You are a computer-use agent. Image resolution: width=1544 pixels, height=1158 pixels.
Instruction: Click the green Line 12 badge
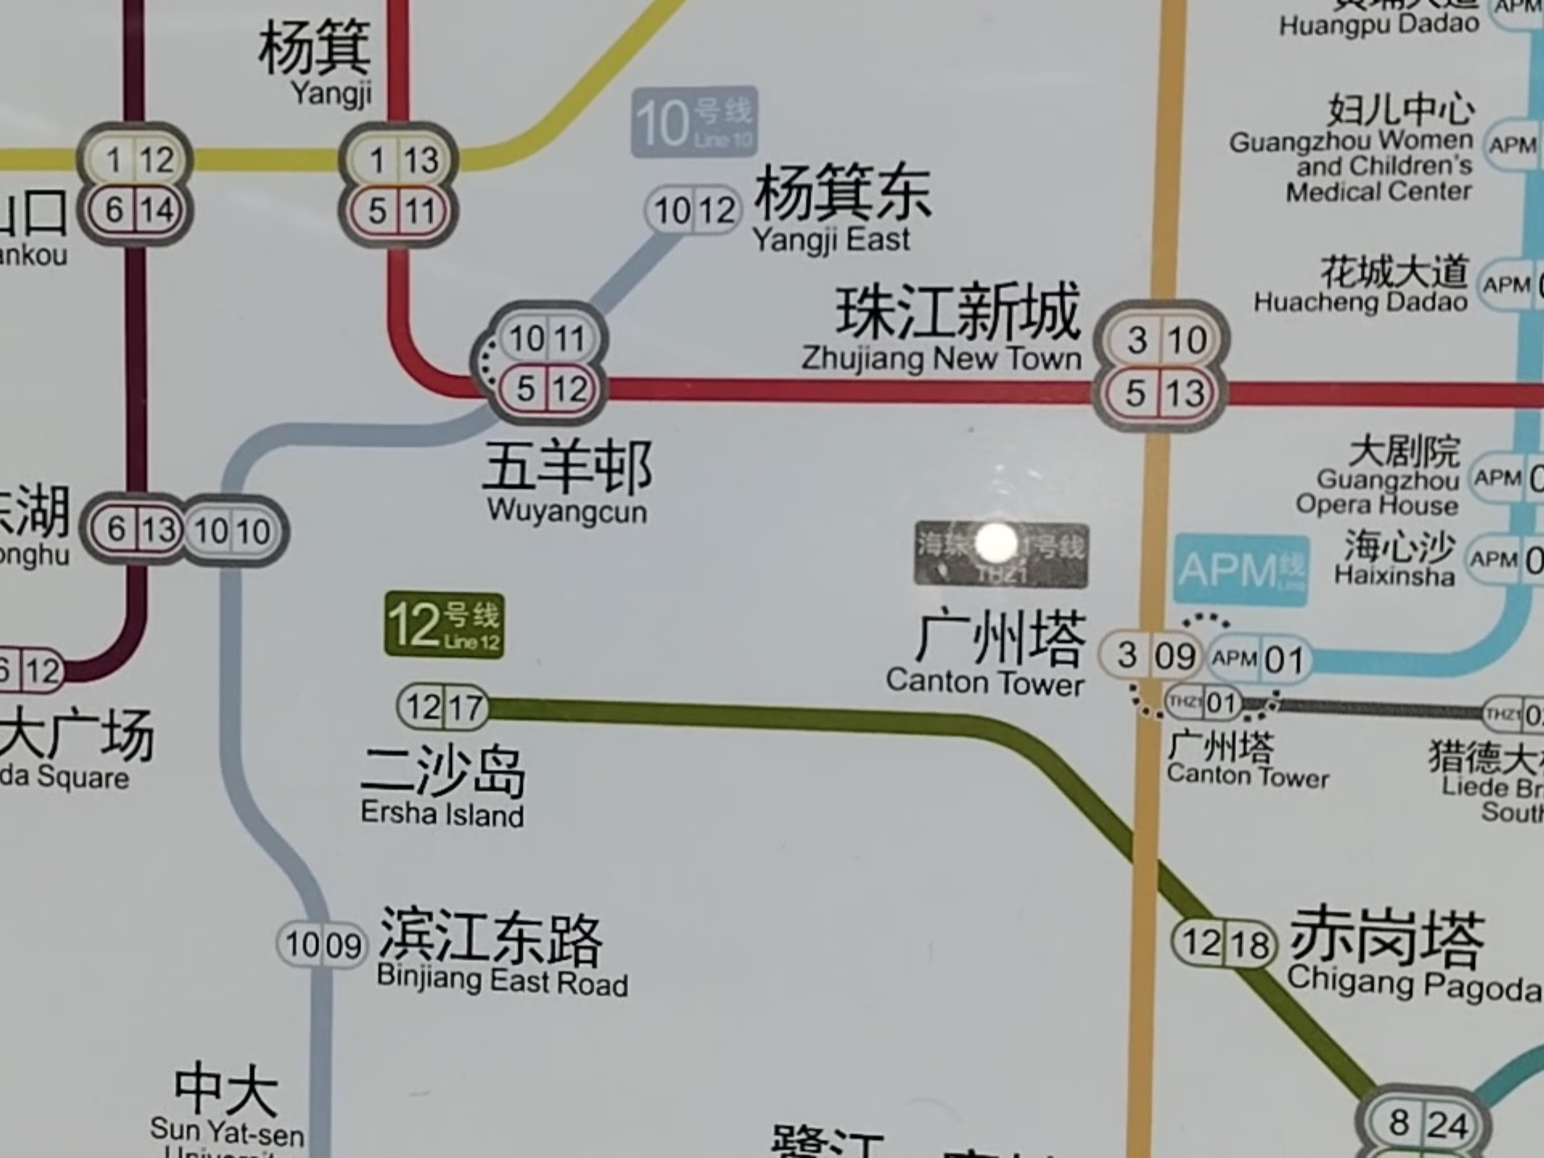(445, 625)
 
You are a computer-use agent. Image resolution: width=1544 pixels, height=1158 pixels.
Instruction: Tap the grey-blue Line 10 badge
(694, 122)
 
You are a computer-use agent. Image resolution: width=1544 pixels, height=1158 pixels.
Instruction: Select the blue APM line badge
(1240, 569)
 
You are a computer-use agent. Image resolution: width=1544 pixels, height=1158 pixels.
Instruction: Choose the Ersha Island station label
(443, 786)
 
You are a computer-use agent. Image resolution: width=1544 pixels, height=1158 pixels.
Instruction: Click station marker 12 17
(443, 708)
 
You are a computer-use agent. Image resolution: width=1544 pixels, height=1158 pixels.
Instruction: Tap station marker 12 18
(1225, 943)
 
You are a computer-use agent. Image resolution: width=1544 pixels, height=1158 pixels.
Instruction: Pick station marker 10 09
(322, 944)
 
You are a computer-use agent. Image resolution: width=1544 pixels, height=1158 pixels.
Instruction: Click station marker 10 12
(693, 211)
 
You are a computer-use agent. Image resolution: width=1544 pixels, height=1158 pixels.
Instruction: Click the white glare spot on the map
(996, 541)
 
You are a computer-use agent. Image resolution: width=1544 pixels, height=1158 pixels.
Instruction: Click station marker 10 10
(232, 531)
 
